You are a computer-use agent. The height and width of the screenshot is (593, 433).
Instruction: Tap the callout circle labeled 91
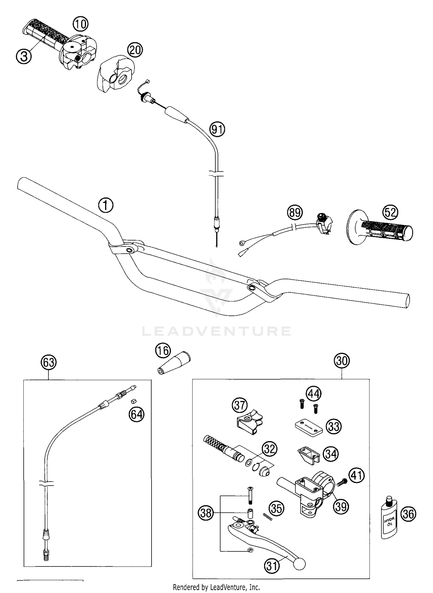click(217, 130)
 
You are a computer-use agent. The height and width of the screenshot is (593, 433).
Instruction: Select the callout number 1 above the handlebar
click(106, 205)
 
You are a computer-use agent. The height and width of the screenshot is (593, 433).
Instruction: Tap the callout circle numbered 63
click(48, 362)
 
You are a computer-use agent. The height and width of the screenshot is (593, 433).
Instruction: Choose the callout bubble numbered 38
click(206, 513)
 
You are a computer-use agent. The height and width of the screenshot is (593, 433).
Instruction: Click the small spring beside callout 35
click(268, 516)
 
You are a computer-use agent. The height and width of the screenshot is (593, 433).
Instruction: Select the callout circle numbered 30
click(342, 361)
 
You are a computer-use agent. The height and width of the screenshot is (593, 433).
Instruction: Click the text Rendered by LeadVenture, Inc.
click(216, 587)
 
